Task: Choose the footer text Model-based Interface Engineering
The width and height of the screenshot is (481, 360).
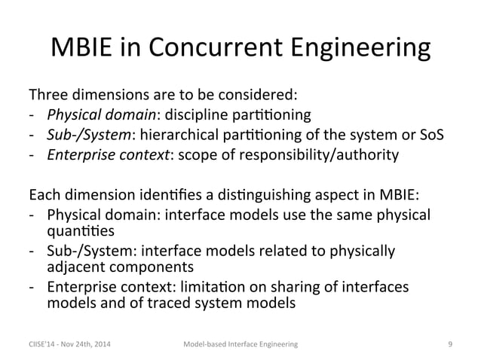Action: pyautogui.click(x=240, y=344)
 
